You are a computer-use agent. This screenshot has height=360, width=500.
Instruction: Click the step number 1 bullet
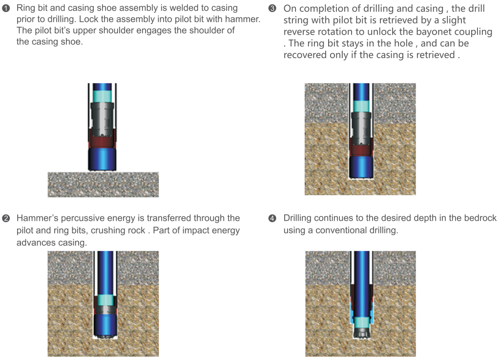pos(6,8)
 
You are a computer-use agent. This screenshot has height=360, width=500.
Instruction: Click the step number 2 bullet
pos(6,218)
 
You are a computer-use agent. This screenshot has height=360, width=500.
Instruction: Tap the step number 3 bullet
pos(272,9)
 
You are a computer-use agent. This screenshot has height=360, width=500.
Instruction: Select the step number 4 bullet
pos(272,218)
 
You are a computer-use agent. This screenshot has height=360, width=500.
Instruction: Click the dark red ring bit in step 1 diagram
pos(103,141)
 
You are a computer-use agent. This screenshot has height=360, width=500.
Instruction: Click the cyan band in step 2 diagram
pos(104,299)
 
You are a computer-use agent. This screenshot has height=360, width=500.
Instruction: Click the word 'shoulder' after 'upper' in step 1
pos(147,31)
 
